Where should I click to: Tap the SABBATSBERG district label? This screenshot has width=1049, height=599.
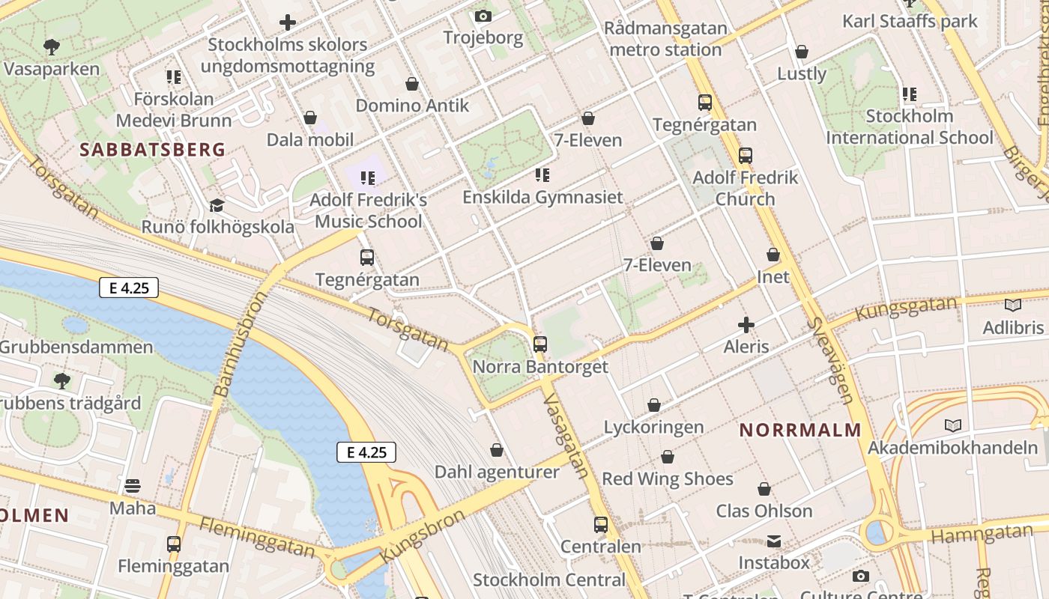tap(152, 150)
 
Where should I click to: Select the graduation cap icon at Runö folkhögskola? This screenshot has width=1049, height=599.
tap(217, 205)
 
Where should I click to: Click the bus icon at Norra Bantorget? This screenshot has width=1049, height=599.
tap(540, 344)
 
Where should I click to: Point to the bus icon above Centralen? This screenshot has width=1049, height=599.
tap(601, 524)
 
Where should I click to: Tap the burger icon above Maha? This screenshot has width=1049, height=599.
tap(133, 486)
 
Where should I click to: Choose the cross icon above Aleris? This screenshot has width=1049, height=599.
tap(746, 325)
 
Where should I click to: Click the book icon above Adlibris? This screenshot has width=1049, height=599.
tap(1013, 305)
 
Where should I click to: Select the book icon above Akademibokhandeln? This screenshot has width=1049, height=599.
tap(952, 426)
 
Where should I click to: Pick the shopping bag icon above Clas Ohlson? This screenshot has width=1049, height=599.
tap(764, 489)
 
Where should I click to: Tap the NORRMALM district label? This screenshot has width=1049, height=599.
tap(800, 431)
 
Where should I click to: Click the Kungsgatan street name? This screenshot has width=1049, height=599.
tap(907, 308)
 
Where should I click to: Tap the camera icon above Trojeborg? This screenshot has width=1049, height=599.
tap(483, 16)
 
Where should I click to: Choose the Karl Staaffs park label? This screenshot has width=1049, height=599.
tap(910, 21)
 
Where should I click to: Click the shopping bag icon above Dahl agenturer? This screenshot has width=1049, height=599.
tap(497, 450)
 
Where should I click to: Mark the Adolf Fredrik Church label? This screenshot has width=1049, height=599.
tap(745, 188)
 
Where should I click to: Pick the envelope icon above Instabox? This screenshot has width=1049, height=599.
tap(774, 541)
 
